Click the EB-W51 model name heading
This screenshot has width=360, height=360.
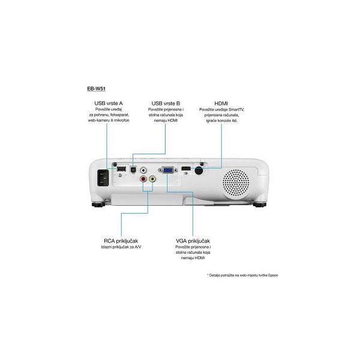click(96, 89)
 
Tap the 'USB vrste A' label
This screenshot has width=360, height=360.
click(109, 103)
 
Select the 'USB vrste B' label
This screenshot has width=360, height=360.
click(166, 103)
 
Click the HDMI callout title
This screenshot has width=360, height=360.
click(221, 104)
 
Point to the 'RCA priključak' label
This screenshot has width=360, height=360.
click(121, 241)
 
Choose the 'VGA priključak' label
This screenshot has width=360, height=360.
click(193, 241)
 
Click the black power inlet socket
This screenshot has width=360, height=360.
click(103, 178)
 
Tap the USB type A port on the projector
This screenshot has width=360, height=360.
click(121, 169)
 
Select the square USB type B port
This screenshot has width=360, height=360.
click(133, 169)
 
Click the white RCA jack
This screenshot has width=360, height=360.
click(143, 170)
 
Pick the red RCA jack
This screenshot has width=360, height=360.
click(143, 178)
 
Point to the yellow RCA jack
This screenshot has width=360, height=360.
click(152, 178)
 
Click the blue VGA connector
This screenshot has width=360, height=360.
click(168, 170)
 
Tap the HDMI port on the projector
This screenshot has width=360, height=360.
click(186, 169)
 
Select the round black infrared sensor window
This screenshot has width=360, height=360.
click(199, 170)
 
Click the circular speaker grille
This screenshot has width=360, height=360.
click(236, 183)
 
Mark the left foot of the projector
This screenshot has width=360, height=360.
click(98, 205)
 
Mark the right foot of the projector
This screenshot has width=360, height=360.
click(260, 205)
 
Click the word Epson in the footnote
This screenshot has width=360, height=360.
click(273, 275)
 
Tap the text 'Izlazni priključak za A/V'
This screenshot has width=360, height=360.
click(121, 247)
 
